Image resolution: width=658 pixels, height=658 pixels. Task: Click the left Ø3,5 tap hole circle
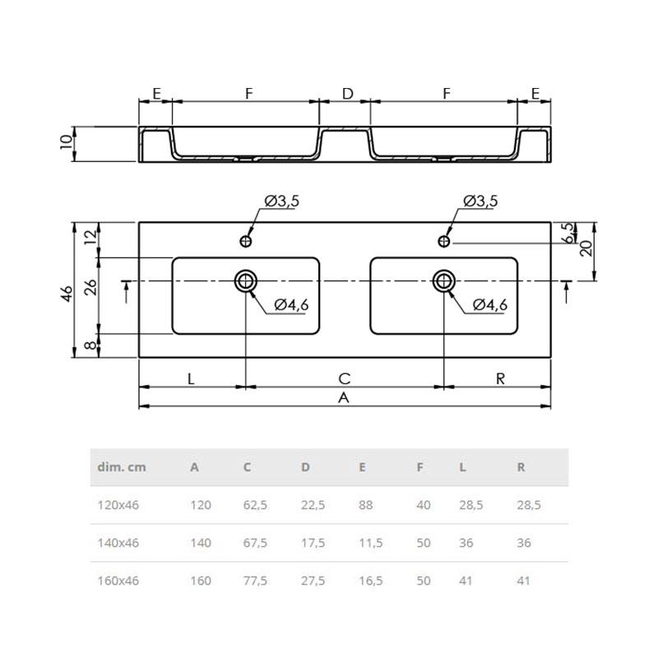pyautogui.click(x=245, y=241)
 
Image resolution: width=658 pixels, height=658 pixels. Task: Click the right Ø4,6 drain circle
pyautogui.click(x=444, y=280)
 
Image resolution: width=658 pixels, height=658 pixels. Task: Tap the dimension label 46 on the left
pyautogui.click(x=67, y=294)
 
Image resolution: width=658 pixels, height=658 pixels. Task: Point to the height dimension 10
pyautogui.click(x=67, y=141)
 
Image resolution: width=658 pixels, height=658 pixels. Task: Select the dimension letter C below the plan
pyautogui.click(x=344, y=378)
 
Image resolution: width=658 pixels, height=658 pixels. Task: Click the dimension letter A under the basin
pyautogui.click(x=344, y=397)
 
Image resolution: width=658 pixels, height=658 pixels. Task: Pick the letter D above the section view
pyautogui.click(x=347, y=94)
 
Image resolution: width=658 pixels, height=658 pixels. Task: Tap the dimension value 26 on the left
pyautogui.click(x=90, y=287)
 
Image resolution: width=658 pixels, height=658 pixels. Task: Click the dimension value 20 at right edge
pyautogui.click(x=586, y=248)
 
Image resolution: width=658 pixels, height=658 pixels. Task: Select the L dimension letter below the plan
pyautogui.click(x=191, y=379)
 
